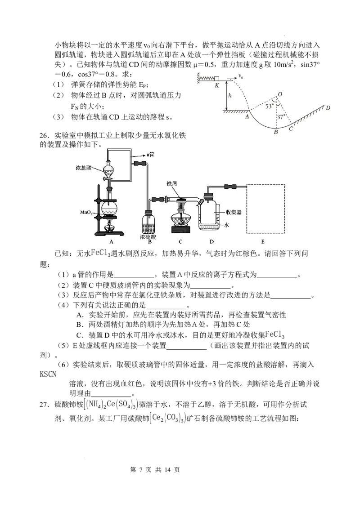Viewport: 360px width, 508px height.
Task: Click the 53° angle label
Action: [269, 107]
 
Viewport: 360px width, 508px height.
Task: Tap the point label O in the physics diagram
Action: [280, 94]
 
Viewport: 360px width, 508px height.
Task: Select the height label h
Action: [230, 96]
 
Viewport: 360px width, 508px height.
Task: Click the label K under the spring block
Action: [216, 85]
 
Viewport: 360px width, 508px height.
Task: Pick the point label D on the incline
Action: [328, 108]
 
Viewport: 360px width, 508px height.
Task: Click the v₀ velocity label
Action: [241, 76]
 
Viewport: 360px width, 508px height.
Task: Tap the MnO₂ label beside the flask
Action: [86, 212]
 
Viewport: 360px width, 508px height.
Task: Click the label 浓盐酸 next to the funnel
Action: [84, 168]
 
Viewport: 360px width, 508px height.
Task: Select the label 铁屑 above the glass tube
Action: [171, 183]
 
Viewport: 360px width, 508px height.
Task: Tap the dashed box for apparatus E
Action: [266, 208]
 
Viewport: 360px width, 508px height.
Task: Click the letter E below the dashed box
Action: [263, 241]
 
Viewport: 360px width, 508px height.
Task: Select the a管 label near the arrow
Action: [150, 154]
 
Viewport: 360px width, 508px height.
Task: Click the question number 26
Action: [44, 135]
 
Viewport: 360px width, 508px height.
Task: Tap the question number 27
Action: [44, 405]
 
